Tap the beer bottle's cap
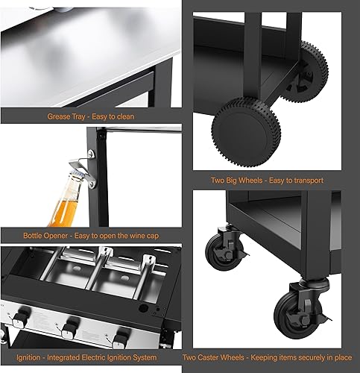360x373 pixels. click(x=76, y=175)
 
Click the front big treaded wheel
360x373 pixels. click(x=246, y=132)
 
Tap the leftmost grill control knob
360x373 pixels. click(x=21, y=318)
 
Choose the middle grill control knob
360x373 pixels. click(x=70, y=329)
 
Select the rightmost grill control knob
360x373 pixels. click(x=121, y=339)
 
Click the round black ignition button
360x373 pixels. click(x=143, y=308)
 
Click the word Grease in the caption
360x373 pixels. click(x=57, y=116)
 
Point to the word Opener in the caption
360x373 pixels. click(x=56, y=236)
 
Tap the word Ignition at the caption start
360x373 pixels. click(x=28, y=358)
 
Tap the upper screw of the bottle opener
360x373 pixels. click(x=91, y=154)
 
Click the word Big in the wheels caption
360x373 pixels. click(x=232, y=181)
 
